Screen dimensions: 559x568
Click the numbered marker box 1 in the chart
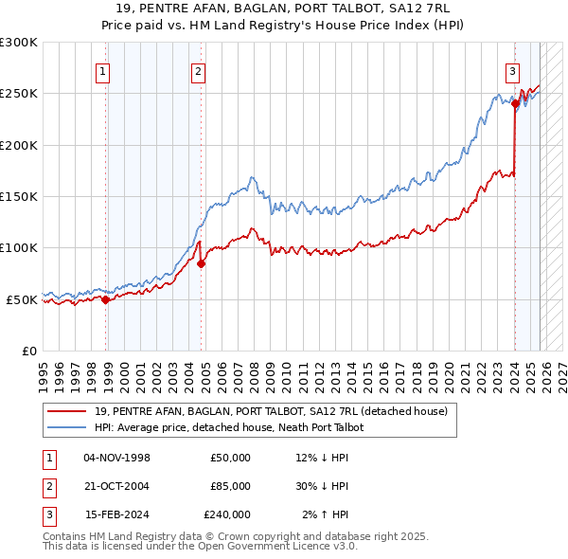[x=101, y=70]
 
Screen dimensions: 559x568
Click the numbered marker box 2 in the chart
[x=198, y=70]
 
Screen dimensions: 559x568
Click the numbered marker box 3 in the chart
[x=512, y=70]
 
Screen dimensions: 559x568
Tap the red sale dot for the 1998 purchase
[x=106, y=299]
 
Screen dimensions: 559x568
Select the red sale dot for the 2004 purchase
[x=202, y=264]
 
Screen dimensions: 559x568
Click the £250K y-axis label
[x=19, y=94]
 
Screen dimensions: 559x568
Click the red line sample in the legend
[x=69, y=411]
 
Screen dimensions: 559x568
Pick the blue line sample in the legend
[x=69, y=427]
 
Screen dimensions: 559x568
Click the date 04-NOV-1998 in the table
[x=117, y=458]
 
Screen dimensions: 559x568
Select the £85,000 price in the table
[x=230, y=486]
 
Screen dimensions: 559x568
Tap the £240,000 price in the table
[x=227, y=514]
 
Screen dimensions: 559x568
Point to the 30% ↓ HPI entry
[x=326, y=486]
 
